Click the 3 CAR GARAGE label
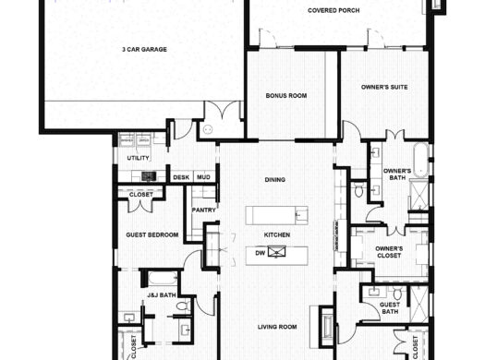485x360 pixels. point(143,48)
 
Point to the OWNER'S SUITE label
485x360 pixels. point(384,88)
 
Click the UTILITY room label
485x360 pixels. point(138,158)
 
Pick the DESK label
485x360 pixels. point(180,176)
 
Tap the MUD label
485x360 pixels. point(203,176)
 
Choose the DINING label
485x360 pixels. point(274,179)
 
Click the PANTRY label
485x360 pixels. point(203,210)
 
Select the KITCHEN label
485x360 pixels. point(277,234)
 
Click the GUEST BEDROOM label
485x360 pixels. point(152,234)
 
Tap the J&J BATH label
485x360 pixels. point(159,295)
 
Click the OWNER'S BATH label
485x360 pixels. point(397,175)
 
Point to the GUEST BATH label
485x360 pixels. point(390,308)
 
